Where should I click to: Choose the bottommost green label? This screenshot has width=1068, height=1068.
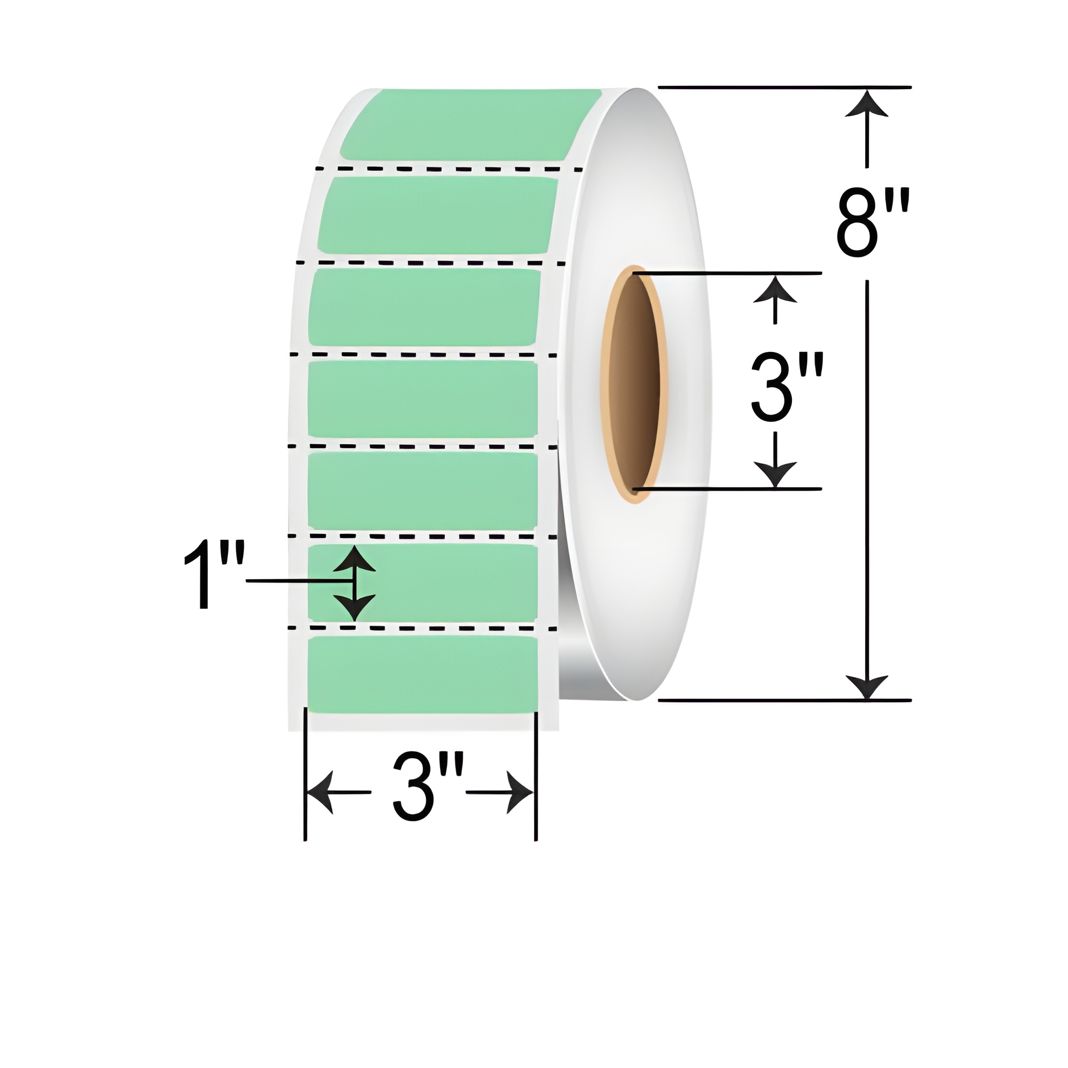pos(421,674)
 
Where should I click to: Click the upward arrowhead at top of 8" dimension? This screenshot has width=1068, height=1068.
pos(866,105)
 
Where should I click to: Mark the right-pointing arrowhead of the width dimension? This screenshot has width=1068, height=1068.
pos(520,792)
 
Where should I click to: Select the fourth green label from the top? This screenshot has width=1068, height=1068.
pos(422,398)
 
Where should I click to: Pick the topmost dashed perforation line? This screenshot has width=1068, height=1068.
pos(448,168)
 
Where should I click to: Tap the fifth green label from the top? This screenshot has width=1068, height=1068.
pos(422,489)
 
